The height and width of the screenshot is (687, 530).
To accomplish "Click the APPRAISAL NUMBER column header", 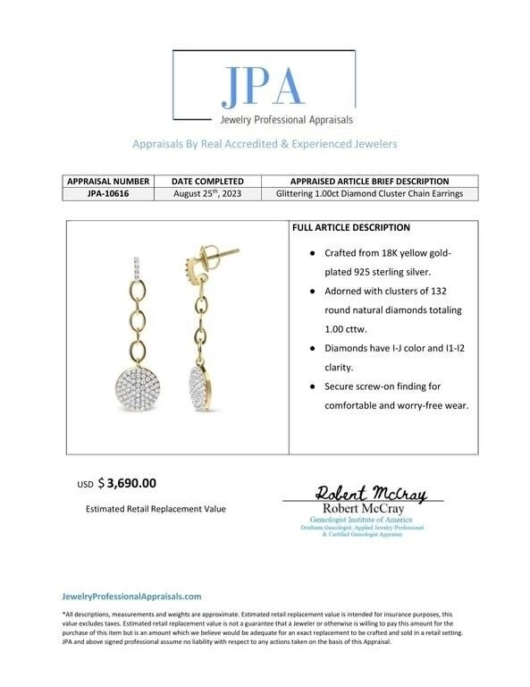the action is [107, 181].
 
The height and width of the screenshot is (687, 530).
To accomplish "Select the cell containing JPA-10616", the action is [107, 193].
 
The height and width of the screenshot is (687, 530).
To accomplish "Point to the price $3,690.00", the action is [130, 483].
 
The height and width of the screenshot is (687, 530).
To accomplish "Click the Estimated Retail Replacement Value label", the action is [156, 509].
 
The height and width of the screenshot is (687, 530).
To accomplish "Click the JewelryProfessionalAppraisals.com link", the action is [131, 596].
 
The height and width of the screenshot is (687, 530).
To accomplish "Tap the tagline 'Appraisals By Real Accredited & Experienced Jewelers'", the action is [265, 144].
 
